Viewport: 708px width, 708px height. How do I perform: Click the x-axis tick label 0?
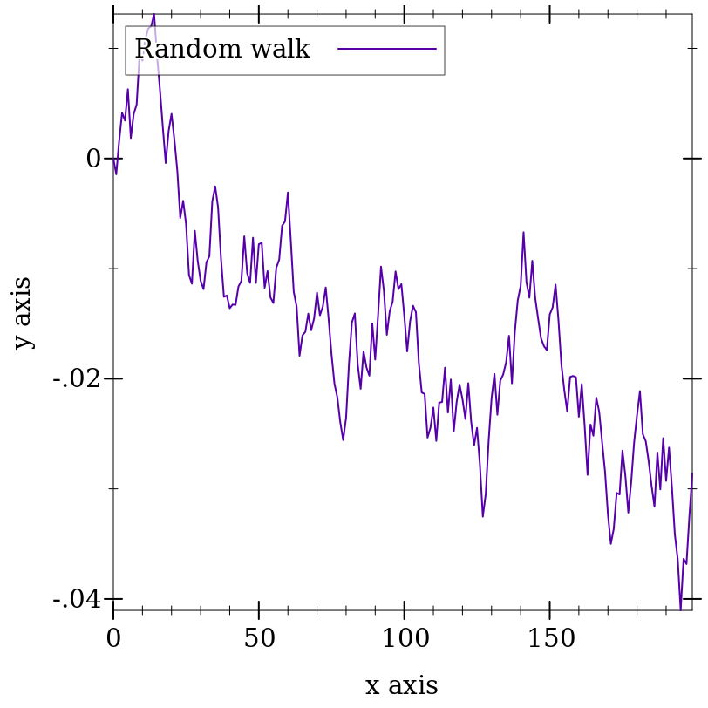coord(113,638)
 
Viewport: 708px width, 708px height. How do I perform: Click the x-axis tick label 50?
coord(259,638)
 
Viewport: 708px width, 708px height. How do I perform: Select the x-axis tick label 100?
coord(405,638)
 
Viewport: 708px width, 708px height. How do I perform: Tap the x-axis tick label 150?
coord(550,638)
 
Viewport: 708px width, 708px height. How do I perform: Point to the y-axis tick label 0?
coord(93,159)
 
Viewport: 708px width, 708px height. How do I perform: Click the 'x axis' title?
coord(401,685)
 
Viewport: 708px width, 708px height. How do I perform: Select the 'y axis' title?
coord(23,312)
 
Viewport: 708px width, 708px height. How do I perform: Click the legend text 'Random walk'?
coord(222,50)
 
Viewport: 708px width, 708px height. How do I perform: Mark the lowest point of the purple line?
coord(680,609)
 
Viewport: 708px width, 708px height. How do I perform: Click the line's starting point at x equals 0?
coord(113,159)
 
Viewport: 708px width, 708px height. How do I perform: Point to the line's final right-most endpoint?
coord(692,473)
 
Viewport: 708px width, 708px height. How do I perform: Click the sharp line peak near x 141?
coord(523,233)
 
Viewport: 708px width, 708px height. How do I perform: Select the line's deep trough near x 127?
coord(482,516)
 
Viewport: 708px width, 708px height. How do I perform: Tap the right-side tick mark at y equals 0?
coord(692,159)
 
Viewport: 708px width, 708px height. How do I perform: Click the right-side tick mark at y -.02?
coord(692,379)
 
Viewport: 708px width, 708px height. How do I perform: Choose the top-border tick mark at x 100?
coord(405,15)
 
